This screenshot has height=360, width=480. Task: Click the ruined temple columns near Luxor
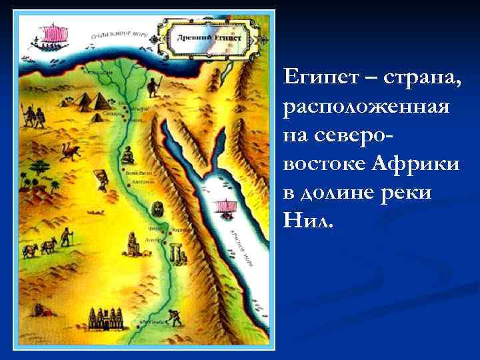pos(177,253)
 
